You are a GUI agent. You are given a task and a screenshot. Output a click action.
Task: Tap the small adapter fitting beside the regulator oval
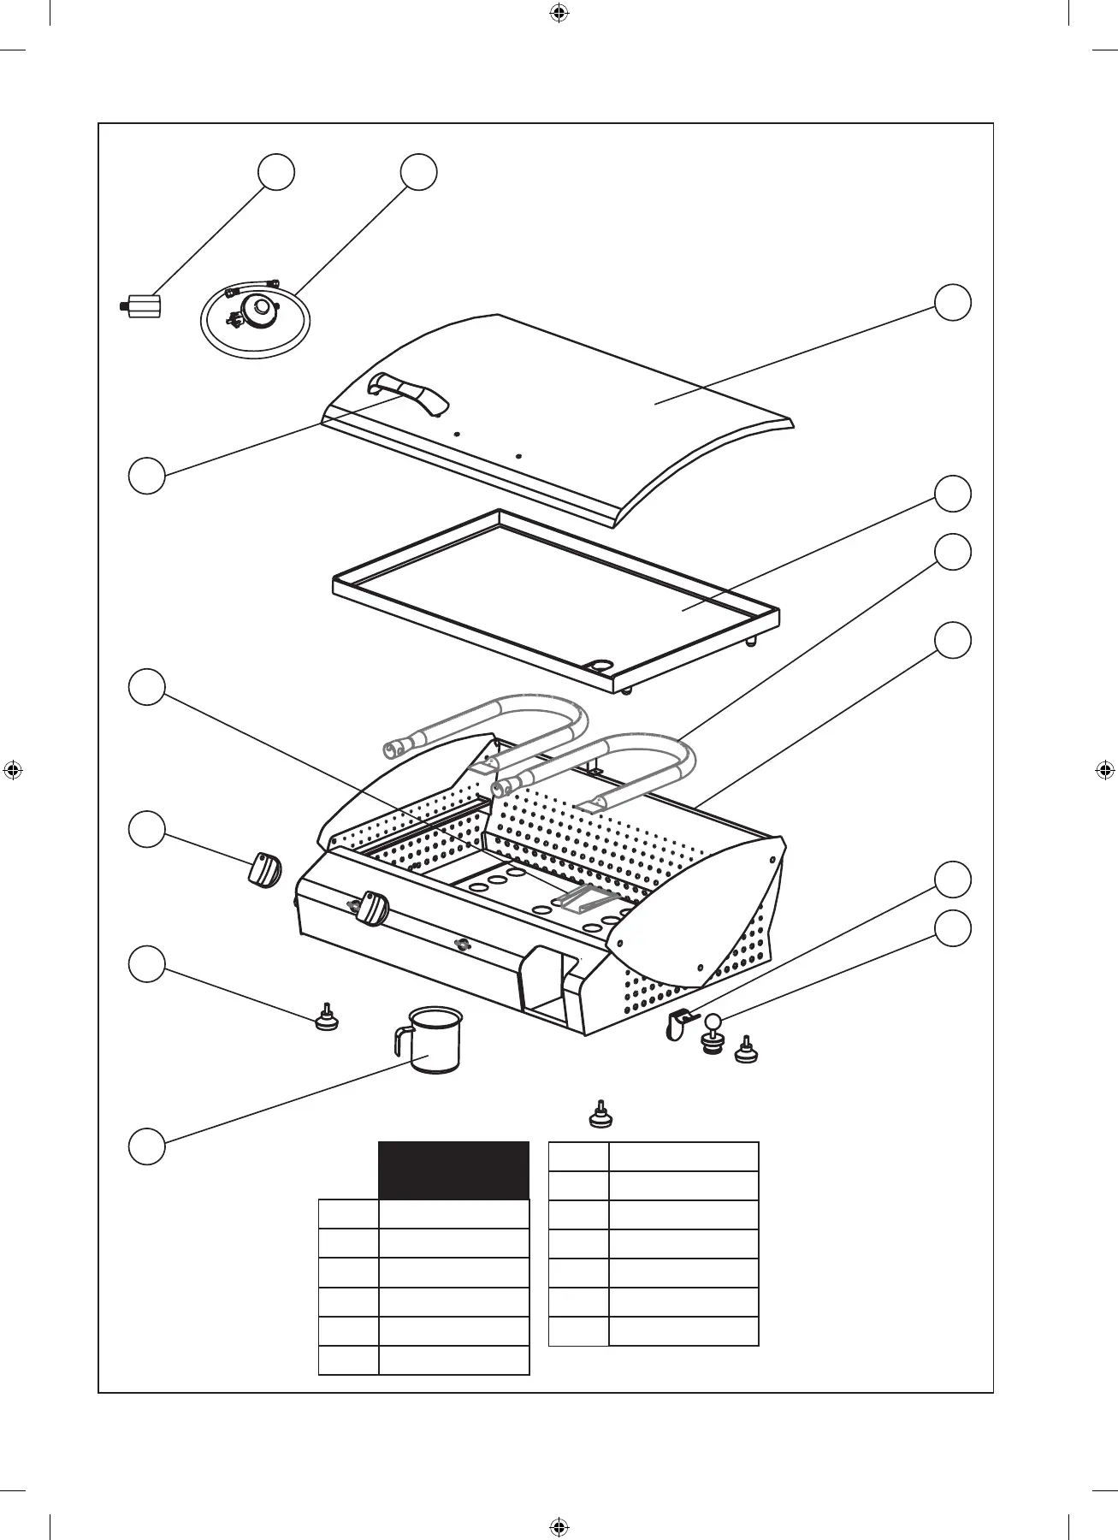coord(141,305)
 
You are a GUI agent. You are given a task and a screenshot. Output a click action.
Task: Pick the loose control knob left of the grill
coord(264,872)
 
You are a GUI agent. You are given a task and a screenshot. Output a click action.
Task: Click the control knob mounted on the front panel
coord(373,909)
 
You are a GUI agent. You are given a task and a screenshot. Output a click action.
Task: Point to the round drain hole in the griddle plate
coord(601,665)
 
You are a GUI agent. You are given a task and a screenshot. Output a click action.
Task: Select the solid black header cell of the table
coord(453,1170)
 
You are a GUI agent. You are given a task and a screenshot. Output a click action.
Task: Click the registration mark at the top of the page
coord(559,13)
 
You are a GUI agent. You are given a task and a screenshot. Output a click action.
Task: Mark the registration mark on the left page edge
coord(13,770)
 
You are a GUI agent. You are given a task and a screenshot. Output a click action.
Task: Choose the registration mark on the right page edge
coord(1104,770)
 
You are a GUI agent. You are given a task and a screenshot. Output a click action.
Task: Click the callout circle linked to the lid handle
coord(146,476)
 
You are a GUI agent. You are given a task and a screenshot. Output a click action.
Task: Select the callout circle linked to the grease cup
coord(146,1146)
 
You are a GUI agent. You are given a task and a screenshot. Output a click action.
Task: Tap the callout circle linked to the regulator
coord(419,172)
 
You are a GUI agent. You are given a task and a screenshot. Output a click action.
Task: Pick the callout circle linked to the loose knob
coord(146,830)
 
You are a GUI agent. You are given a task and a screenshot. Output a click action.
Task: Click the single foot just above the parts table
coord(601,1115)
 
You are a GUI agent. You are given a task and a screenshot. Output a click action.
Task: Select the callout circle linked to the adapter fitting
coord(277,172)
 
